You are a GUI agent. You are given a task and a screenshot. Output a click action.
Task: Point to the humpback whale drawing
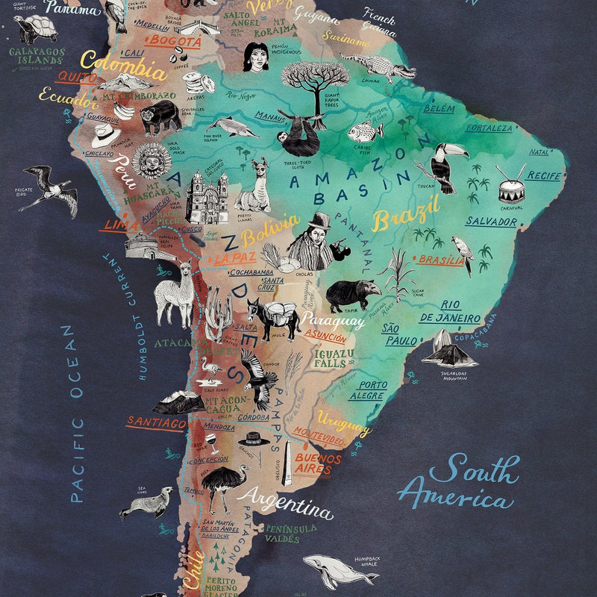tap(331, 572)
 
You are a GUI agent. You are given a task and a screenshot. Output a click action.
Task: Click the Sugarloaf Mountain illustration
tap(448, 350)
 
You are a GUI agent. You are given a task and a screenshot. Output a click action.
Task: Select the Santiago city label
tap(155, 422)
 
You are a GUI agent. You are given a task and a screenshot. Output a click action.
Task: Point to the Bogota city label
tap(172, 40)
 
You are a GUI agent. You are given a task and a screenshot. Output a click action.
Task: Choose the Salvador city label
tap(490, 222)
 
